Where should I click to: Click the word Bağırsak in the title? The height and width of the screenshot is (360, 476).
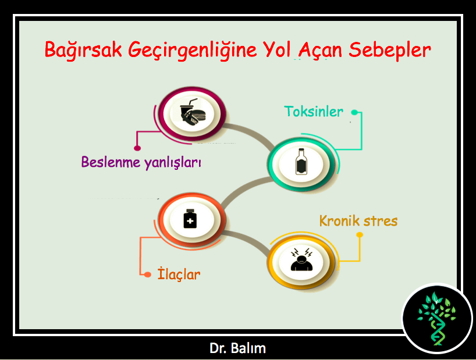click(x=83, y=50)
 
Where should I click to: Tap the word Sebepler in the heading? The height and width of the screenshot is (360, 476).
click(x=390, y=50)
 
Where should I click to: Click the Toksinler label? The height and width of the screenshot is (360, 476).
click(x=314, y=112)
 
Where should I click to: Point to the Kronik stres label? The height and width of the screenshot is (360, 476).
click(x=358, y=221)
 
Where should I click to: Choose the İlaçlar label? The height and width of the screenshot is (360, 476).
click(x=179, y=274)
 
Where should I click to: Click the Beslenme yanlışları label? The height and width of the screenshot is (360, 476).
click(x=141, y=162)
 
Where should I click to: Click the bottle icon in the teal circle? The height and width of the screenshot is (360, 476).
click(x=301, y=162)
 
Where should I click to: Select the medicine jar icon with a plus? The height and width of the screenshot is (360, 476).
click(x=190, y=219)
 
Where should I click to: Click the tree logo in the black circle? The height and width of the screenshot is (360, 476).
click(x=437, y=319)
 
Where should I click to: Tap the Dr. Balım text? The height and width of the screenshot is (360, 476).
click(x=237, y=348)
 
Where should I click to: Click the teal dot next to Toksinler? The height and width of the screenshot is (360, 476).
click(x=354, y=112)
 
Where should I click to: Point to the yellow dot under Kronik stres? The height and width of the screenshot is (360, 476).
click(x=360, y=235)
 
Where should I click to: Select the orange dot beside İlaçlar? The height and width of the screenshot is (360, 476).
click(x=148, y=275)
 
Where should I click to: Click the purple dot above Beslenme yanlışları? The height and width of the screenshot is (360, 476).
click(x=137, y=148)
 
